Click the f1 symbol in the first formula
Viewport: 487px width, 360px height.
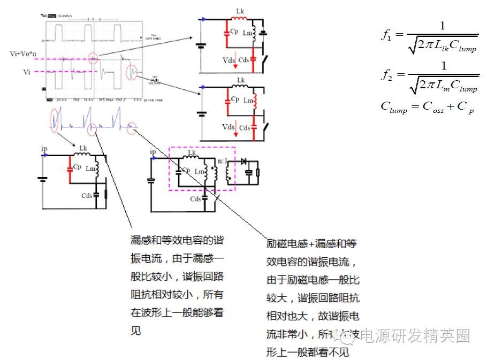[x=386, y=35]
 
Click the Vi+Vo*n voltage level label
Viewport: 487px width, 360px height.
[x=22, y=54]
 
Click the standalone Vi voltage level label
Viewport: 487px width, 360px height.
[x=27, y=71]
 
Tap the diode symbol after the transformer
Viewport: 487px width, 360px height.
[x=243, y=160]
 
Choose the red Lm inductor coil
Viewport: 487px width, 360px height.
[x=255, y=101]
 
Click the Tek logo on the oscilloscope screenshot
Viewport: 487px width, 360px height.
[x=44, y=16]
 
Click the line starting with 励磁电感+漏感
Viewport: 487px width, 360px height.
[x=311, y=244]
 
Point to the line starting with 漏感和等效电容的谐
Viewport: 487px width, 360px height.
[x=177, y=240]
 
